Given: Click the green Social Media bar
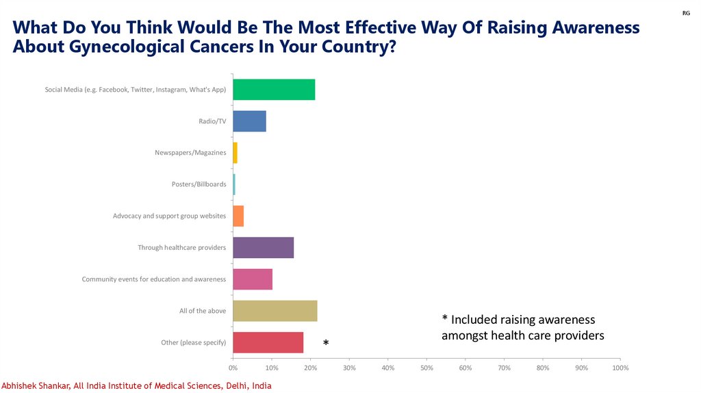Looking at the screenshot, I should click(x=274, y=90).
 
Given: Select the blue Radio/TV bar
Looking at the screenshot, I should click(x=249, y=121).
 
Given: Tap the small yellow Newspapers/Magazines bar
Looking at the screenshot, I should click(x=235, y=153).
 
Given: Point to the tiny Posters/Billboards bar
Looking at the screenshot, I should click(x=234, y=184).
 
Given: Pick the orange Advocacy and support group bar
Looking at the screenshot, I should click(x=238, y=216).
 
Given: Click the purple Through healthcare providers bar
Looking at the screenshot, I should click(x=263, y=247).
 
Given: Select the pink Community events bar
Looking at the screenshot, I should click(x=253, y=279).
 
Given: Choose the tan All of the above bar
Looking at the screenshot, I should click(x=275, y=310).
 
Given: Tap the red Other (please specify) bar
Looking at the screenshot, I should click(x=268, y=342).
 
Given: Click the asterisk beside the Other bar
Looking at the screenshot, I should click(x=326, y=343).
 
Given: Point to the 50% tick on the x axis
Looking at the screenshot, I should click(x=426, y=368).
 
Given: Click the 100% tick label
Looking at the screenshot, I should click(x=620, y=368).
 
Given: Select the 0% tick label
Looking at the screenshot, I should click(x=233, y=368).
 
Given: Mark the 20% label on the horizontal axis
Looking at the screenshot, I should click(x=310, y=368).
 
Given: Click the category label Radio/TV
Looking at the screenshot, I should click(x=212, y=121).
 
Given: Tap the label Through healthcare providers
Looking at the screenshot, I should click(x=181, y=247).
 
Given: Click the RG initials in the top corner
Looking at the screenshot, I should click(x=686, y=14).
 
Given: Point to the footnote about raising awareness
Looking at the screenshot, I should click(x=522, y=327).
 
